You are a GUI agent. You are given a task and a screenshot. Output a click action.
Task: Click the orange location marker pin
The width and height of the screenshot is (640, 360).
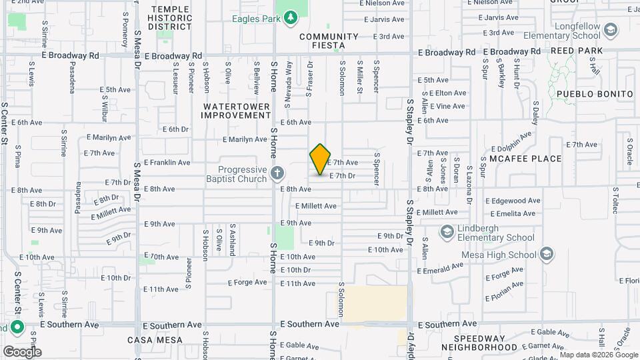point(320,159)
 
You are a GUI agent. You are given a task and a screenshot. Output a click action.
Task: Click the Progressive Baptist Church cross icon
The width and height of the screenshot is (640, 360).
point(277,174)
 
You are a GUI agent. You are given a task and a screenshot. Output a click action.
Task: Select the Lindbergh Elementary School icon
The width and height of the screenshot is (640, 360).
point(447,231)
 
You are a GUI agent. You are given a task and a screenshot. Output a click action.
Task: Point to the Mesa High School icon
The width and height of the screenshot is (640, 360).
point(547,254)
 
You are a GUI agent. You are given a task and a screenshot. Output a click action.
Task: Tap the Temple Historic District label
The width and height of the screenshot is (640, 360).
point(170,18)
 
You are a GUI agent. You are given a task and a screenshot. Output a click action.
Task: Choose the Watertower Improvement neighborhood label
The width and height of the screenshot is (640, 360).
point(237,111)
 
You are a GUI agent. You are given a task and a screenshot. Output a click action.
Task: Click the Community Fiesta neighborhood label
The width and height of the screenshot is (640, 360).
point(329,41)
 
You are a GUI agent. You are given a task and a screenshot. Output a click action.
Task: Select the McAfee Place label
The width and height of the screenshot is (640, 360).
point(525,159)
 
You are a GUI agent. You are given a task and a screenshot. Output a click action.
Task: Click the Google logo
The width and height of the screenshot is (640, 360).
point(21,351)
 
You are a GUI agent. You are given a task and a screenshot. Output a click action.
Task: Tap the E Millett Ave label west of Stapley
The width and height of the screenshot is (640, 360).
point(316,206)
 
